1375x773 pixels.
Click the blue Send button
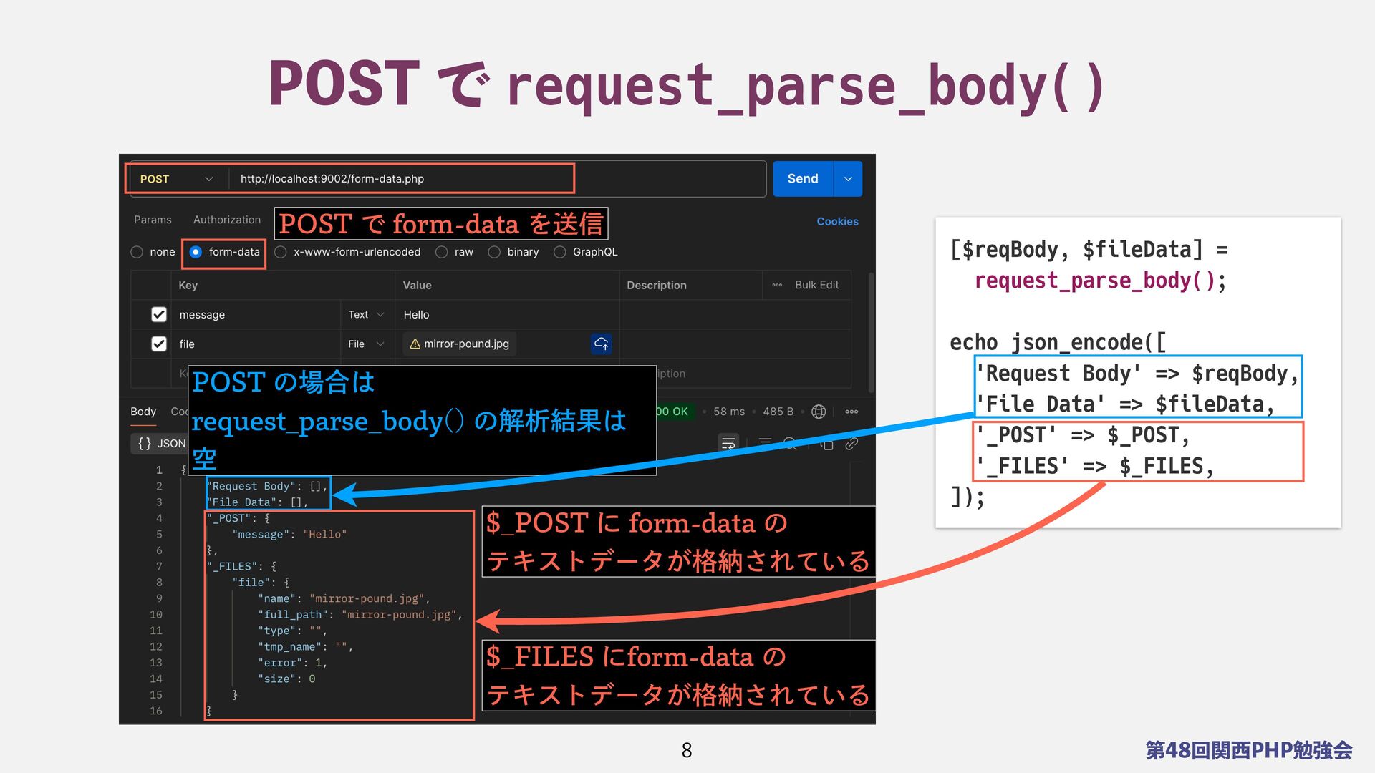click(x=802, y=179)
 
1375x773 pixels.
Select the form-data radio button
click(x=196, y=252)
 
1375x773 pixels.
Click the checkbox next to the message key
click(x=159, y=314)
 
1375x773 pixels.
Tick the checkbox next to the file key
click(x=159, y=344)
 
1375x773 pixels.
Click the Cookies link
click(x=837, y=221)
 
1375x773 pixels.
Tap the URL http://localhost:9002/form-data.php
click(x=332, y=179)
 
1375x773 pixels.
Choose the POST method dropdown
click(x=176, y=179)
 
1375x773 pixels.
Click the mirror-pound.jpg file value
click(x=465, y=344)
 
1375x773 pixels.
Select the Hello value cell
click(x=416, y=314)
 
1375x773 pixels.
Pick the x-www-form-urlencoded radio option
click(x=281, y=252)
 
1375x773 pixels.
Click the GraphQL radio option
click(x=560, y=252)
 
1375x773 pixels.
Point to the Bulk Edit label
click(x=816, y=285)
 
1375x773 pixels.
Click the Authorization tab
click(x=226, y=220)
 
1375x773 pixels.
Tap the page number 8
click(x=686, y=750)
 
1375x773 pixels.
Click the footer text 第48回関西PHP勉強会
click(x=1249, y=750)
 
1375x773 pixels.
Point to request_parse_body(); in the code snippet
click(x=1100, y=281)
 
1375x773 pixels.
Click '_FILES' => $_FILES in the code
click(x=1094, y=467)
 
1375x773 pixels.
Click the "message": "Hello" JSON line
click(x=289, y=534)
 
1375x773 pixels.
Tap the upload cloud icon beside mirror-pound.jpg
click(x=601, y=344)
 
